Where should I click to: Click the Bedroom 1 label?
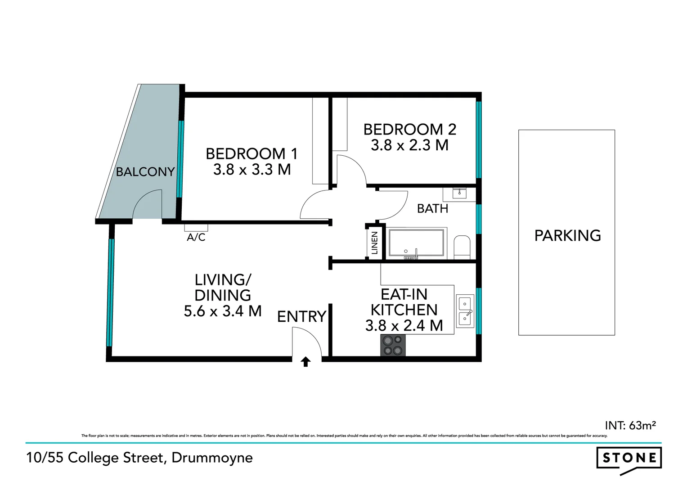pos(251,154)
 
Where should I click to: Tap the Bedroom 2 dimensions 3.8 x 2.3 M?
pos(409,145)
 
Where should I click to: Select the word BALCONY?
pos(145,172)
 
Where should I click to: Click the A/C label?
pos(196,237)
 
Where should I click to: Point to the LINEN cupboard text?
pos(374,243)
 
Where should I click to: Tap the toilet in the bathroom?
pos(462,247)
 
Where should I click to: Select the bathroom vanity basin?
pos(459,193)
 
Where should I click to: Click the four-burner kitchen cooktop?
pos(393,345)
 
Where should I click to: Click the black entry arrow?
pos(306,361)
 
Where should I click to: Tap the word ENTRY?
pos(301,317)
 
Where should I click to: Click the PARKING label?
pos(567,236)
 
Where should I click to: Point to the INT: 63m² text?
pos(630,425)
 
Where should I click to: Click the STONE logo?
pos(629,459)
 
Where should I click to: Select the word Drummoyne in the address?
pos(212,458)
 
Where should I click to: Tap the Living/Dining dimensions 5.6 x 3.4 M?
pos(223,311)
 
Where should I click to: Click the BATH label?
pos(432,209)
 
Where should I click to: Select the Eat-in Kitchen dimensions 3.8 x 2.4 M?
pos(404,325)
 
